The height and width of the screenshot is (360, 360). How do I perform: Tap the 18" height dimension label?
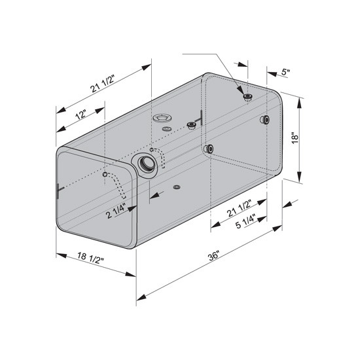tap(296, 138)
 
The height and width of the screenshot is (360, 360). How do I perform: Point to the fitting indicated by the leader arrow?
tap(247, 98)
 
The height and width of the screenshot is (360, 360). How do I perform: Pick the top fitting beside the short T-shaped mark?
tap(191, 125)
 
